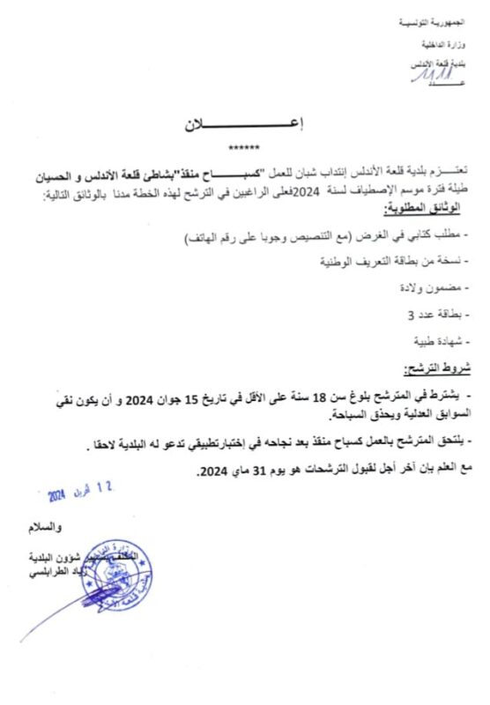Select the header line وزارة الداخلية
coord(457,44)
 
